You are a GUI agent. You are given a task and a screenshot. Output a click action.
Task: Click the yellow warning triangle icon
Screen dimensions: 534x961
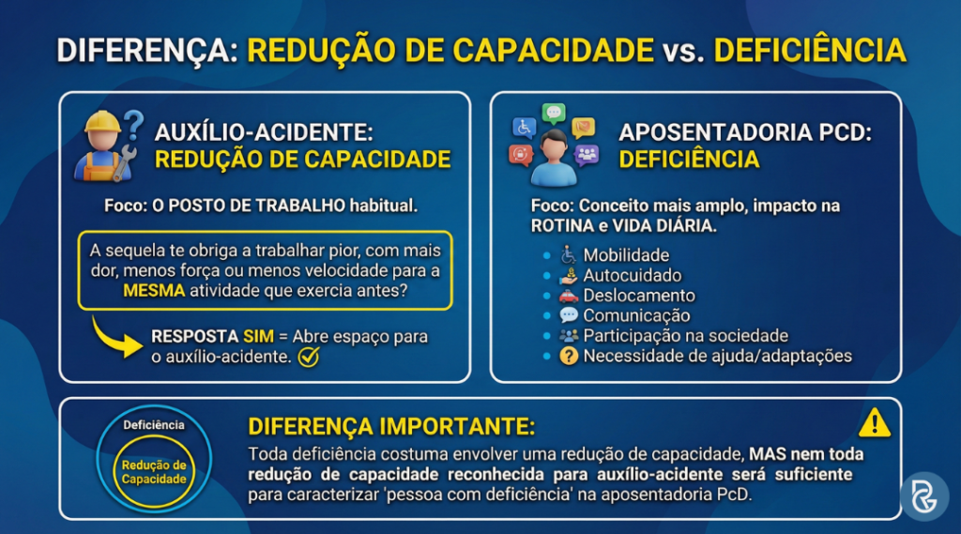874,423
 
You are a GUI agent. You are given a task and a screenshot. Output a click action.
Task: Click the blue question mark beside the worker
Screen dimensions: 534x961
134,122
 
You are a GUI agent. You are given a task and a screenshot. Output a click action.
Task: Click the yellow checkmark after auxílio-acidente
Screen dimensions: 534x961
308,358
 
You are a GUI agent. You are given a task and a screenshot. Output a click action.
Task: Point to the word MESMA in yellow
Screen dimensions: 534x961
154,292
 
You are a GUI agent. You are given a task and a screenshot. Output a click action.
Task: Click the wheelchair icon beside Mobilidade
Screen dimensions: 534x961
569,255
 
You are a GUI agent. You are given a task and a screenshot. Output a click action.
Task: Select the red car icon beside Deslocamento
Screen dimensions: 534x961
569,296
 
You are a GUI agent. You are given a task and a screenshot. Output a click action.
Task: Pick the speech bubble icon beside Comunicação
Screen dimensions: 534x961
569,316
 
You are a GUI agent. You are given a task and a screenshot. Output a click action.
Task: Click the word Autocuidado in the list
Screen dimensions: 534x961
633,276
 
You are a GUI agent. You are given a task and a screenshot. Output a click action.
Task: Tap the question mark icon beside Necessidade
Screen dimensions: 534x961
569,357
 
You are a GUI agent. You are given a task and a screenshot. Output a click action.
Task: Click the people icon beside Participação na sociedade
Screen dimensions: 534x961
569,336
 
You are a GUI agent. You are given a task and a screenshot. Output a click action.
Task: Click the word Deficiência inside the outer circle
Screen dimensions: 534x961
154,425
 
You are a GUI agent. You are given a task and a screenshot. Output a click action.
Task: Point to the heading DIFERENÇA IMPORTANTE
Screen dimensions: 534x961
391,427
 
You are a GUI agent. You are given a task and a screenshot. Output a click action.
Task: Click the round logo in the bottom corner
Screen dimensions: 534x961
923,496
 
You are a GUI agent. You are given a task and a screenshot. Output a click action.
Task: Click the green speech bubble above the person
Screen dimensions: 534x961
554,114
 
